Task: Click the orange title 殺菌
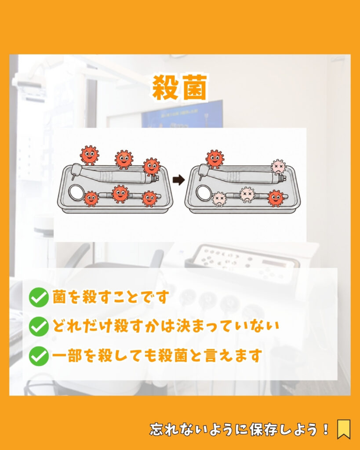tap(179, 87)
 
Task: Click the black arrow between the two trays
tap(178, 180)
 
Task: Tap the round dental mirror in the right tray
tap(204, 192)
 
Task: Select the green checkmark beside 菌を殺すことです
tap(39, 298)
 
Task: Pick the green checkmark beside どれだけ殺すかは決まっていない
tap(39, 327)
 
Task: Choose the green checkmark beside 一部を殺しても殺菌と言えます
tap(39, 356)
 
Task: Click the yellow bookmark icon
tap(344, 429)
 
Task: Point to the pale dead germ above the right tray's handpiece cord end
tap(279, 167)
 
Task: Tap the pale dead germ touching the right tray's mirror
tap(219, 199)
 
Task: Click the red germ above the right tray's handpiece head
tap(215, 159)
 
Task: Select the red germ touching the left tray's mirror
tap(91, 199)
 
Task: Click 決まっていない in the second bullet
tap(228, 327)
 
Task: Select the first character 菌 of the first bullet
tap(60, 297)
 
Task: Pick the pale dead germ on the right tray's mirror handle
tap(247, 195)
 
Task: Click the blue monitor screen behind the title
tap(182, 114)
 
